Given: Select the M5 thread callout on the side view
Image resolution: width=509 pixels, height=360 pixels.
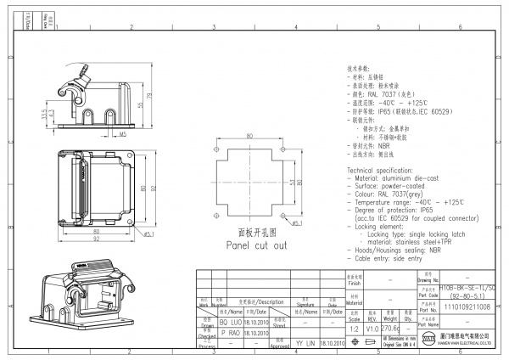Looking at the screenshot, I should (123, 133).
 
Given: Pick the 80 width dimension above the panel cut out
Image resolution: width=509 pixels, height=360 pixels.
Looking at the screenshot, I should (249, 136).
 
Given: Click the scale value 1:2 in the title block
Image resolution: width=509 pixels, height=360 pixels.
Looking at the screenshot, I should (354, 325).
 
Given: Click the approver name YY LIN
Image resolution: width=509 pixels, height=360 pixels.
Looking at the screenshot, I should (305, 344).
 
